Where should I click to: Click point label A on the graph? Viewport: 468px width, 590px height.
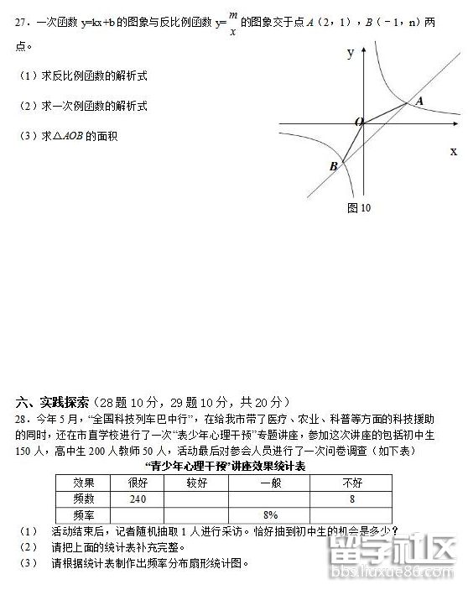tap(419, 101)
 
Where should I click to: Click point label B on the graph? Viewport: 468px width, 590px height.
tap(333, 166)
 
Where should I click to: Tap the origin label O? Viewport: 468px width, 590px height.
tap(359, 123)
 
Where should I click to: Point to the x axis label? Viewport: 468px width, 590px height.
tap(454, 151)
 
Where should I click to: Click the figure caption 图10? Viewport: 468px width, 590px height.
tap(358, 207)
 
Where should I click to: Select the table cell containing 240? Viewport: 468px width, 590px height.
tap(138, 499)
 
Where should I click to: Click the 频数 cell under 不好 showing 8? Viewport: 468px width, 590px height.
tap(352, 499)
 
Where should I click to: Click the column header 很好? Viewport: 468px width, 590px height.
tap(138, 483)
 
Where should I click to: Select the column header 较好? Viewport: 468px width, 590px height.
tap(197, 483)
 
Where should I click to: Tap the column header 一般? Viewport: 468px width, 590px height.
tap(270, 483)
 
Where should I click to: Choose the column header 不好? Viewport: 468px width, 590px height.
tap(352, 483)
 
